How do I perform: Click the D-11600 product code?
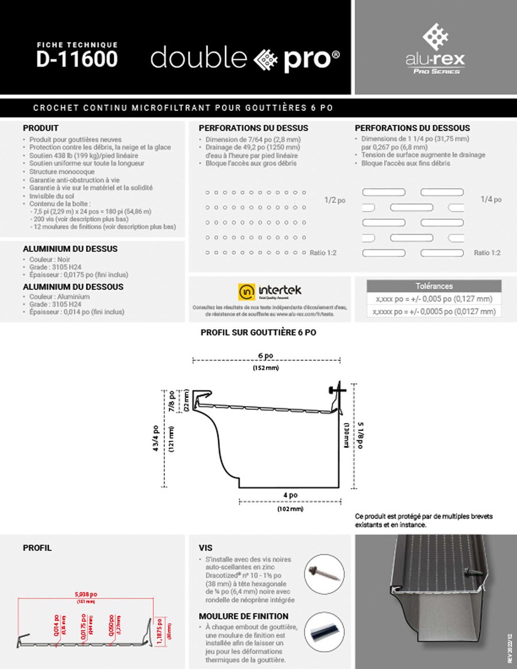click(77, 60)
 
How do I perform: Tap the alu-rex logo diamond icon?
click(435, 36)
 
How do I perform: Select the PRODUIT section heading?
click(41, 128)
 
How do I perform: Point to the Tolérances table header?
click(434, 286)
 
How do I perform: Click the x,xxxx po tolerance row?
click(434, 312)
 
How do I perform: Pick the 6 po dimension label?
click(265, 356)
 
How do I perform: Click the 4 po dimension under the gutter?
click(290, 495)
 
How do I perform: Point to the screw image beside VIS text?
click(321, 571)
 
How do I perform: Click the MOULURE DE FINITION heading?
click(244, 616)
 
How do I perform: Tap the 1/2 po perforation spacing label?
click(335, 201)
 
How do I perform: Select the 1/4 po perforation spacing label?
click(491, 199)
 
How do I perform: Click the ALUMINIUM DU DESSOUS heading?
click(73, 287)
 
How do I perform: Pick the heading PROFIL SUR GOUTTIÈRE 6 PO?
click(258, 332)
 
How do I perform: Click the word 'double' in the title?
click(199, 59)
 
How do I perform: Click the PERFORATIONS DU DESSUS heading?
click(253, 128)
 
